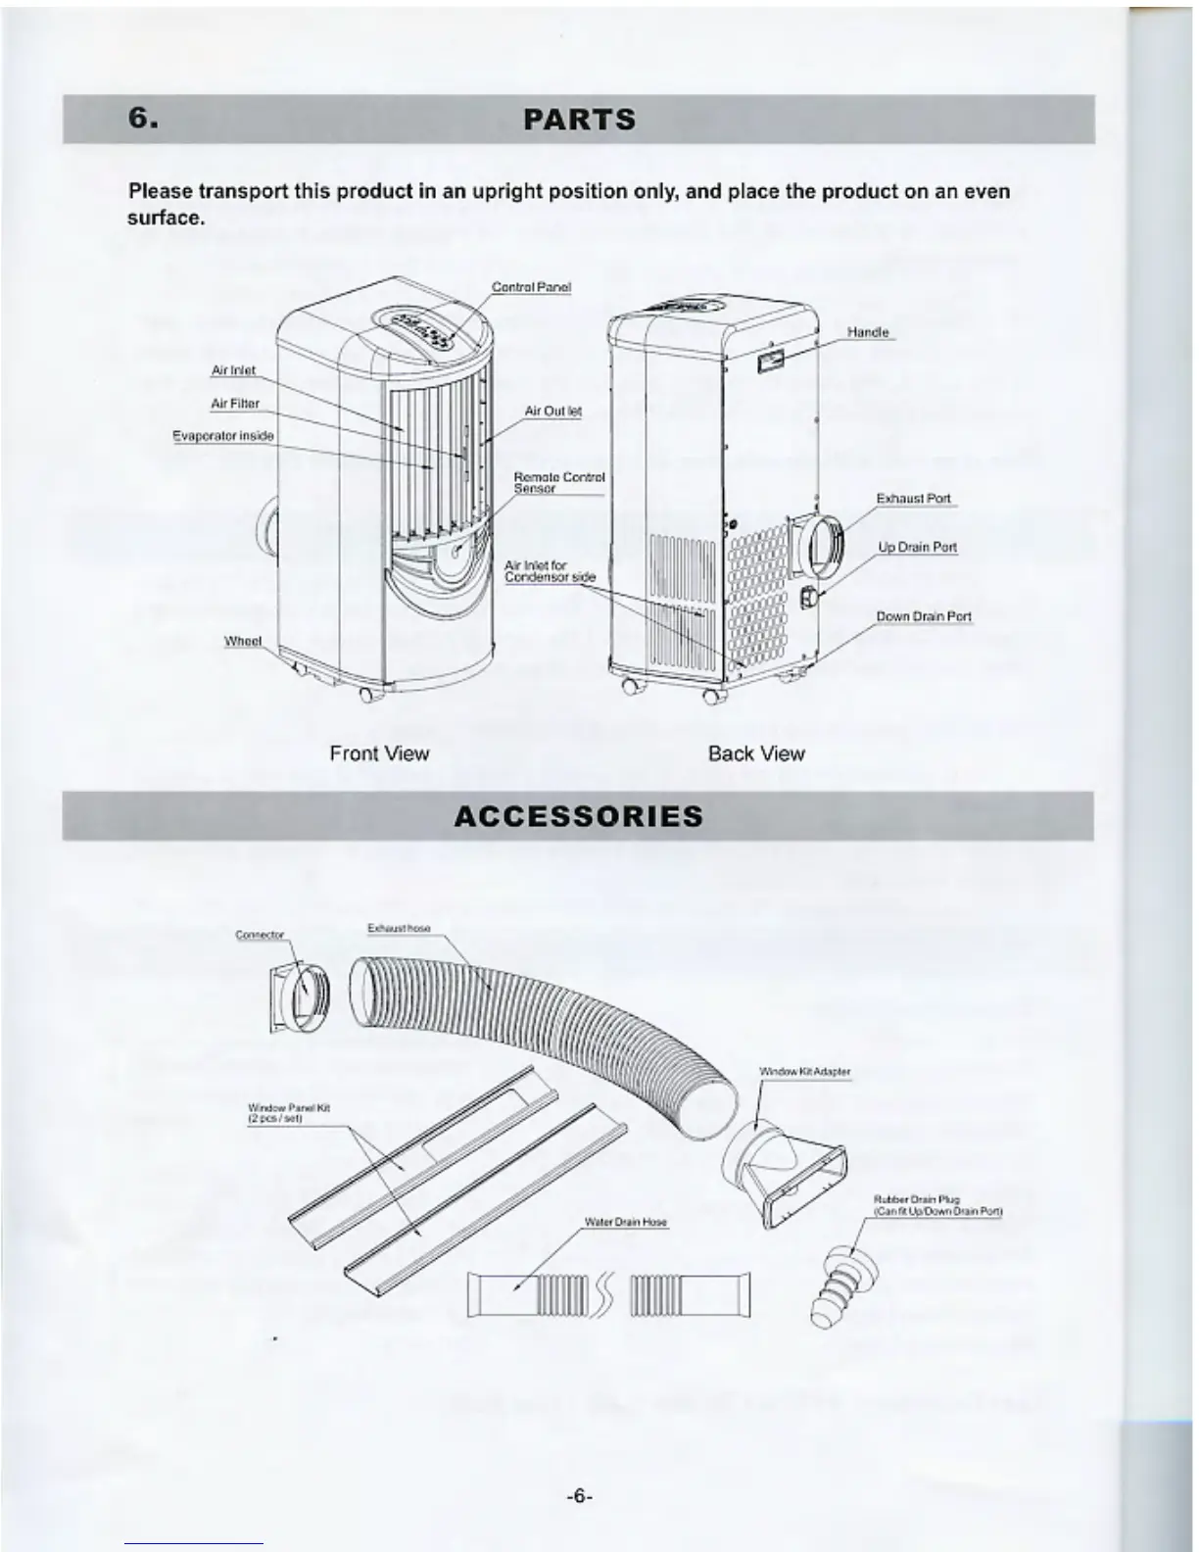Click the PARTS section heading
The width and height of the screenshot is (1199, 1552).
click(x=579, y=121)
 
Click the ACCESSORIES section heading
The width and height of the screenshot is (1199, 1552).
click(x=579, y=816)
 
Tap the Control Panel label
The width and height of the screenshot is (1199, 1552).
click(x=531, y=287)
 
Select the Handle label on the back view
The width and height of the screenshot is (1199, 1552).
click(x=867, y=332)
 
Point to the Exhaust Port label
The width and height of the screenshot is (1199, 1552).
click(x=913, y=499)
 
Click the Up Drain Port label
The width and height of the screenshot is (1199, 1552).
click(x=917, y=548)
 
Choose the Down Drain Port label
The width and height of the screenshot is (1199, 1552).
click(x=924, y=616)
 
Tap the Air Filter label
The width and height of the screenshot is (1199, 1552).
click(x=235, y=404)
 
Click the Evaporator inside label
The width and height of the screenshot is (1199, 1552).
click(x=223, y=435)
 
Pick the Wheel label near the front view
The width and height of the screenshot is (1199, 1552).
click(x=243, y=641)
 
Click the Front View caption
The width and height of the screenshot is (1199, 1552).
click(x=379, y=753)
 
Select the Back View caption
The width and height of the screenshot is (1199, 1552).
click(x=756, y=753)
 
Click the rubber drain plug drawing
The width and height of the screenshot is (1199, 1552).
click(x=841, y=1285)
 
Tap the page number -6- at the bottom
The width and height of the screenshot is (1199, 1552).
click(x=580, y=1496)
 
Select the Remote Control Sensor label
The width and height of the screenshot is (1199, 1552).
click(x=559, y=482)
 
